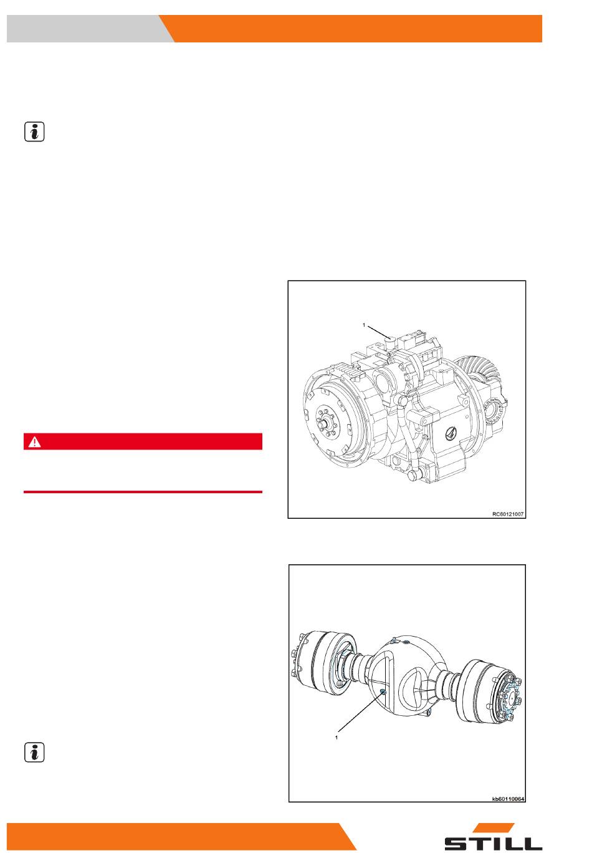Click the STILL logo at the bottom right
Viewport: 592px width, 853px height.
coord(493,836)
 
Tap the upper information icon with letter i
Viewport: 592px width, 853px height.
coord(34,132)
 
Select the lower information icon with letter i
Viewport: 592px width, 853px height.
coord(34,752)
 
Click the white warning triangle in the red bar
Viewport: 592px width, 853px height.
coord(35,441)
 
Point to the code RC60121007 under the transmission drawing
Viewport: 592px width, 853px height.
coord(507,514)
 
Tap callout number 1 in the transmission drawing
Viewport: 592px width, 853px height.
coord(364,325)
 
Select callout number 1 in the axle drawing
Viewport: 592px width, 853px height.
coord(337,737)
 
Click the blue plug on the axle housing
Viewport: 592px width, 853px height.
coord(383,692)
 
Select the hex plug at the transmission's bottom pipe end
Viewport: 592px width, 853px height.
coord(412,476)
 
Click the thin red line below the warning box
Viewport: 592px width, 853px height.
coord(143,491)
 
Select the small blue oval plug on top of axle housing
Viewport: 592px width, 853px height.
coord(406,642)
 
